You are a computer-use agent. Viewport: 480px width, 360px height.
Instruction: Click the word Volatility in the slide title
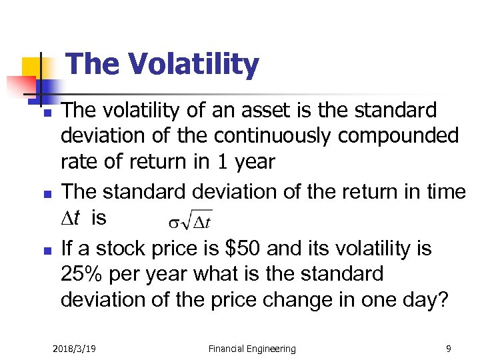point(194,65)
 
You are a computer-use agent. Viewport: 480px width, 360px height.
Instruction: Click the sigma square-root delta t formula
point(191,220)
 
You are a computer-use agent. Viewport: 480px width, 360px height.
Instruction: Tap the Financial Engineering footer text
point(252,348)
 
